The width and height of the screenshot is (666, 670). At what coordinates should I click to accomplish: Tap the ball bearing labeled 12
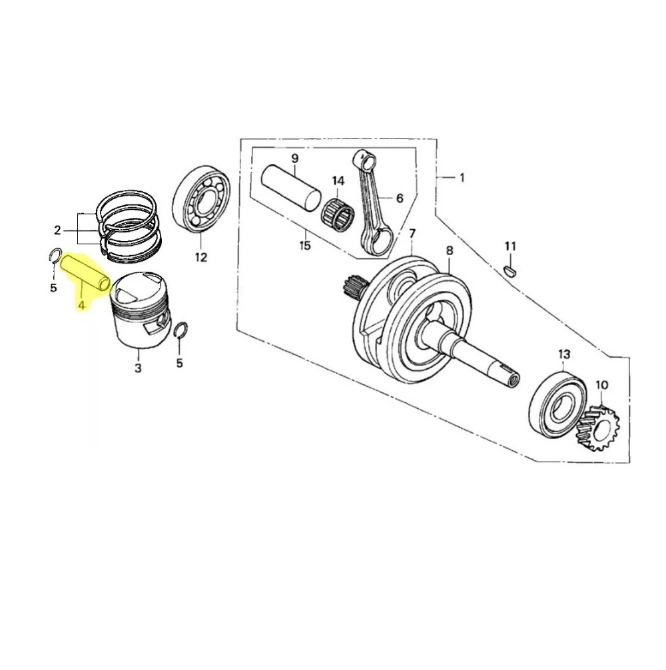[x=202, y=201]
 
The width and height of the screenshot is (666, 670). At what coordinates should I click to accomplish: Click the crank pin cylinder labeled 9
[x=293, y=186]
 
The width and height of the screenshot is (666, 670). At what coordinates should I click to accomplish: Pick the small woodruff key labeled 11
[x=510, y=270]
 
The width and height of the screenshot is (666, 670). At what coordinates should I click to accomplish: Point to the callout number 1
[x=462, y=178]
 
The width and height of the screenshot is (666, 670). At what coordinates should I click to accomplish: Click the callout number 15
[x=304, y=246]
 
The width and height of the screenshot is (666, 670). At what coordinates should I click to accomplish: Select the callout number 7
[x=412, y=233]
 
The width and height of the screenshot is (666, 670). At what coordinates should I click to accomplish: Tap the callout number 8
[x=449, y=250]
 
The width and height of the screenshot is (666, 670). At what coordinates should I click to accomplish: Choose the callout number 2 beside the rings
[x=58, y=230]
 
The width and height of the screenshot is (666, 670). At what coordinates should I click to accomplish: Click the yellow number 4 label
[x=81, y=305]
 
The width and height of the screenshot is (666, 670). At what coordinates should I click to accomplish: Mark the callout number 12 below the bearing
[x=200, y=257]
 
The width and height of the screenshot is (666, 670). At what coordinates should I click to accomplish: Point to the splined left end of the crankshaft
[x=351, y=287]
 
